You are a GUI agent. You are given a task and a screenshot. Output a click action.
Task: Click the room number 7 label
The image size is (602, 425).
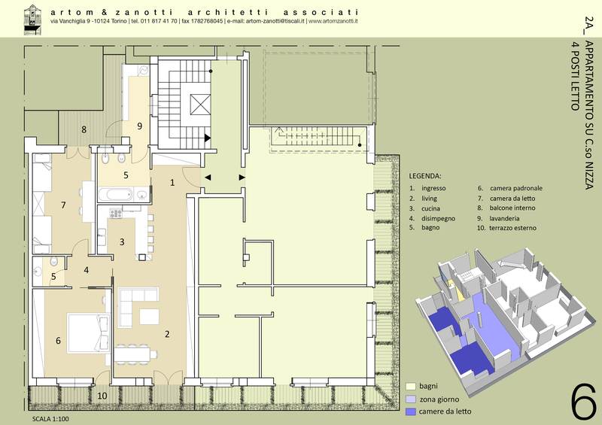coord(63,205)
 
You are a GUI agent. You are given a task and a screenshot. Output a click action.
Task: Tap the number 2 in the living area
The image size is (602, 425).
coord(167,334)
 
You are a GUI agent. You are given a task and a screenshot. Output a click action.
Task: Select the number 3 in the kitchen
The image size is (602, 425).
coord(122,242)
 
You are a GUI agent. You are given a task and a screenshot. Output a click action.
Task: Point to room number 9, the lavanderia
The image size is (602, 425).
coord(140,126)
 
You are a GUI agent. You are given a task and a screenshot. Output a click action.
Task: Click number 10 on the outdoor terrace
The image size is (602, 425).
coord(102,396)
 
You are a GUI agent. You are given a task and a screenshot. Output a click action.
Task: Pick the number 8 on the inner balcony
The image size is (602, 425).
coord(84,129)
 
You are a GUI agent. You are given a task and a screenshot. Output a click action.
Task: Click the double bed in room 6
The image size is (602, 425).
coord(89,333)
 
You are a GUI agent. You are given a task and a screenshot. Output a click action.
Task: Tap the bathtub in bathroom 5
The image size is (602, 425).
coord(116,194)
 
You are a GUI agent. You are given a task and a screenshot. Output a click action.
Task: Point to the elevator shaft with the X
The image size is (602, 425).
coord(200,104)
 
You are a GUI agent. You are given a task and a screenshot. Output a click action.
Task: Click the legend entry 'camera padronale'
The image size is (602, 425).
coord(516,188)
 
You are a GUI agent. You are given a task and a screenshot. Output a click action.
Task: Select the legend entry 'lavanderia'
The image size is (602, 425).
coord(504,218)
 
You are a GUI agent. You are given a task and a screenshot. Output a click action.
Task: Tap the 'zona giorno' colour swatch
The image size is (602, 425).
coord(411,399)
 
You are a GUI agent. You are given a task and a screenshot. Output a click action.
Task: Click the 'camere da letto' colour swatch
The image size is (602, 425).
coord(411,411)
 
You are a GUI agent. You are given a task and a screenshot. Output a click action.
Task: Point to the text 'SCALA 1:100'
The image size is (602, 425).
coord(50,419)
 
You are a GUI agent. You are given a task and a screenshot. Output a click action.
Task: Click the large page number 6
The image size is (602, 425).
coord(584,402)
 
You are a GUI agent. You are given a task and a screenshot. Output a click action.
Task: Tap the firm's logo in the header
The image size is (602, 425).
coord(32,20)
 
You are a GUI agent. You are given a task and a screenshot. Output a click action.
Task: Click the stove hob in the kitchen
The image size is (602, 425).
coord(116,213)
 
